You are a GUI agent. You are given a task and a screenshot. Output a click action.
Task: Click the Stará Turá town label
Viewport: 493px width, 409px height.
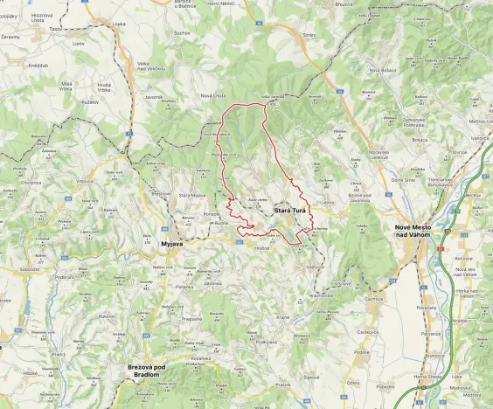pos(289,211)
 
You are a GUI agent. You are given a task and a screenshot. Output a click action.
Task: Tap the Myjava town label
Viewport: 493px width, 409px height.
pos(171,244)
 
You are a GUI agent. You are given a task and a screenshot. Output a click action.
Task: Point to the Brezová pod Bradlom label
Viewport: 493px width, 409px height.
pos(152,371)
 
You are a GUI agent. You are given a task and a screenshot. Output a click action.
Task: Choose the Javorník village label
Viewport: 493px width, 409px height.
pos(155,97)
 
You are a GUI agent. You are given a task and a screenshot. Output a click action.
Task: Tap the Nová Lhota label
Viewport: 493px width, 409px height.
pos(214,94)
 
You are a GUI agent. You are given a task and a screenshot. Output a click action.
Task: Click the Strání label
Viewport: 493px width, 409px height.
pos(309,35)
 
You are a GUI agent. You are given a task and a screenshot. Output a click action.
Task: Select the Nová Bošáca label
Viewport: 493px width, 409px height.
pos(385,70)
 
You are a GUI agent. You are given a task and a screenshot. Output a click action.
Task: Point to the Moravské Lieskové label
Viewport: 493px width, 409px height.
pos(385,153)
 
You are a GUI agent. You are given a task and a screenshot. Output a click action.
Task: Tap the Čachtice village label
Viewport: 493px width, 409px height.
pos(375,298)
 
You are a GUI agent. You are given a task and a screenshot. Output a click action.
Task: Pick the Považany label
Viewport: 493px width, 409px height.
pos(427,308)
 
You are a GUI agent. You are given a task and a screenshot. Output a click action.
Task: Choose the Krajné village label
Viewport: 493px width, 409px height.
pos(282,316)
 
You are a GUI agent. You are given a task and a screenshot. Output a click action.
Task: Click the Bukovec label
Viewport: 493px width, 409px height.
pos(108,315)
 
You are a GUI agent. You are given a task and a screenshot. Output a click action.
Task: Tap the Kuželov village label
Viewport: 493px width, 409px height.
pos(89,102)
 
